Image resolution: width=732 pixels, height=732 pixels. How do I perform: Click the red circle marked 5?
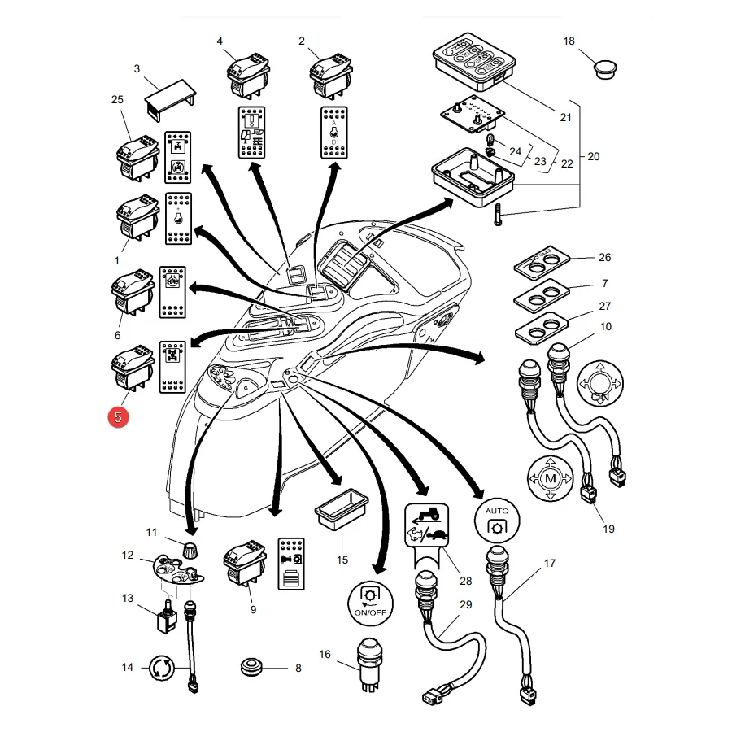118,417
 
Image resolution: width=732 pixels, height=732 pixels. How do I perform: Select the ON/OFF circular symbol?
371,603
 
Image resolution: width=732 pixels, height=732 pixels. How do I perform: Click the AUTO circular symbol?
497,521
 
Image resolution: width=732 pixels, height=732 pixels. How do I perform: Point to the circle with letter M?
551,478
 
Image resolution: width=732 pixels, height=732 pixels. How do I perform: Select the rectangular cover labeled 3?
171,100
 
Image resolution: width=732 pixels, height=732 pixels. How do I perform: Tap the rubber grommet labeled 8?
252,667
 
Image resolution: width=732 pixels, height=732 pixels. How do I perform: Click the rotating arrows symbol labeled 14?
162,668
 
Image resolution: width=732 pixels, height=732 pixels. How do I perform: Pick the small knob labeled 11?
188,551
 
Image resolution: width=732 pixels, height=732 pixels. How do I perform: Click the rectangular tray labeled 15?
342,509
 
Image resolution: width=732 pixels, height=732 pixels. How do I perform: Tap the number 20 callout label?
594,156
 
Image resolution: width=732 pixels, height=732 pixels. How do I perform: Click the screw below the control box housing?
498,215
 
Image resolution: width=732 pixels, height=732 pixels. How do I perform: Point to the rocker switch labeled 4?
248,75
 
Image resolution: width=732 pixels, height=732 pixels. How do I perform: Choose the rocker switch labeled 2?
331,75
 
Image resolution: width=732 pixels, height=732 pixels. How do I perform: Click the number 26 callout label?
604,257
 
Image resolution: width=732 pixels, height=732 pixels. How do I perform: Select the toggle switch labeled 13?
167,617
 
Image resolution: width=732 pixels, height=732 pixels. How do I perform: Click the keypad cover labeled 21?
474,61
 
